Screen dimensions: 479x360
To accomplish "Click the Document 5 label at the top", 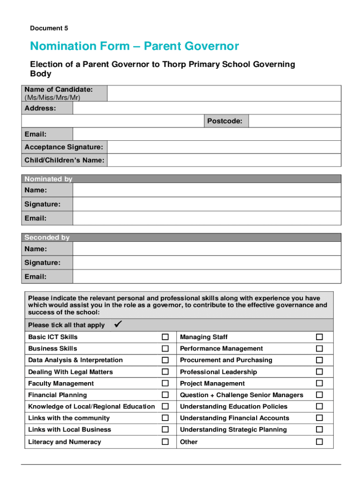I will point(49,28).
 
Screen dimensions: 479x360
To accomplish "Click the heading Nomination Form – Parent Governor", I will point(134,46).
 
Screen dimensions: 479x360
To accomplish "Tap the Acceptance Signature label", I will point(64,147).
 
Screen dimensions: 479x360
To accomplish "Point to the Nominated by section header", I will point(49,179).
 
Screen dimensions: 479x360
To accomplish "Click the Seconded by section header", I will point(47,237).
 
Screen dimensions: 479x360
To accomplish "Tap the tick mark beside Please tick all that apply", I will point(118,324).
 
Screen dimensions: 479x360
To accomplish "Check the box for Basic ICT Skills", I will point(165,337).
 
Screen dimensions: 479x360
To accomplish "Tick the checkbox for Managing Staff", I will point(319,337).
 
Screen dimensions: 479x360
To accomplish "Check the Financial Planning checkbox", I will point(165,395).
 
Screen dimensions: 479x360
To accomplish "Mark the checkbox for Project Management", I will point(319,383).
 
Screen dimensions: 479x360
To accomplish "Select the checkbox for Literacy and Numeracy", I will point(165,442).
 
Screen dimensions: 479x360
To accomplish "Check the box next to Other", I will point(319,442).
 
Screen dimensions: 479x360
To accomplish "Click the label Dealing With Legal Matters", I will point(71,372).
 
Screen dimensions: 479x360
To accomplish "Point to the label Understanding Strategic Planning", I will point(233,429).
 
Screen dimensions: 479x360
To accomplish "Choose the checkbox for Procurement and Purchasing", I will point(319,360).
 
